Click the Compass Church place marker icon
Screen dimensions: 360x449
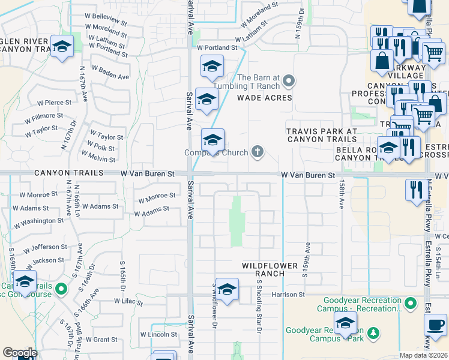258,152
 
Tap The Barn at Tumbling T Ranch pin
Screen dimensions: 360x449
289,80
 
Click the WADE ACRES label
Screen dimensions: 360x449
264,97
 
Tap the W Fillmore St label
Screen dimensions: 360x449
44,115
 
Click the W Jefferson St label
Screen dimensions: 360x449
46,247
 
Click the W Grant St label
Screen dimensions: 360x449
101,339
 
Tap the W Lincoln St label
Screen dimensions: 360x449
159,334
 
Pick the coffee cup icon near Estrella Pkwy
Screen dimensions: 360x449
435,325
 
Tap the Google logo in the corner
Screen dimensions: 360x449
20,353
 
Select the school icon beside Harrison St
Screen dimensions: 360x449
227,290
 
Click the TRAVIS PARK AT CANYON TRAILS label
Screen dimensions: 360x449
322,135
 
